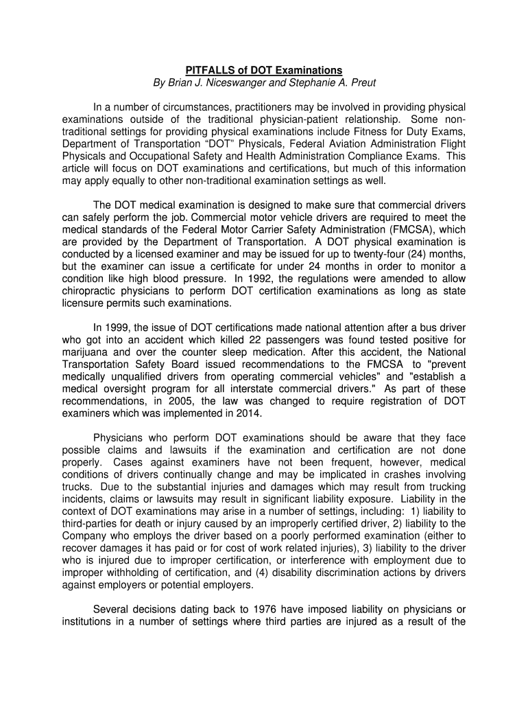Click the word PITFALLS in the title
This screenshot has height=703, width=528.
pyautogui.click(x=208, y=71)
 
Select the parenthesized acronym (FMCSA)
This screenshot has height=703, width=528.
pyautogui.click(x=418, y=231)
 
